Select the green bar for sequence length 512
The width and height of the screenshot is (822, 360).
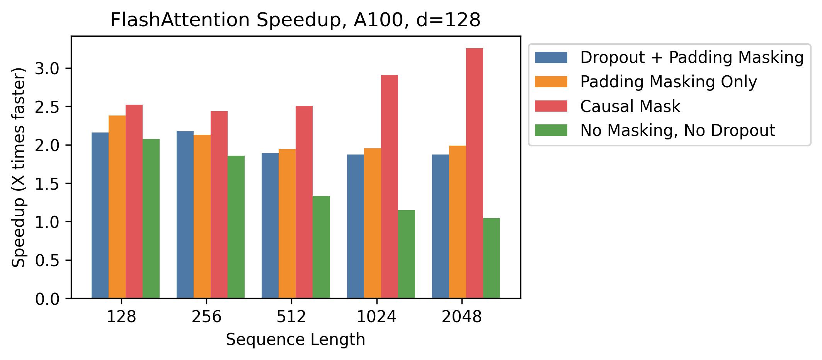point(321,247)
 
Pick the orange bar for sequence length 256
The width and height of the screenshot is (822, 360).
point(202,216)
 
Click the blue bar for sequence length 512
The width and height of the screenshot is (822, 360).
point(270,226)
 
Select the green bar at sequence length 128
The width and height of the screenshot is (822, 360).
point(151,219)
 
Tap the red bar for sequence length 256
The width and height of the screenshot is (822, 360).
point(219,205)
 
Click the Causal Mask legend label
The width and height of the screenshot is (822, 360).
point(630,106)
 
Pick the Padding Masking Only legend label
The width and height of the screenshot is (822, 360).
point(668,82)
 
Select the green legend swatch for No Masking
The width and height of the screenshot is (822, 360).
point(551,130)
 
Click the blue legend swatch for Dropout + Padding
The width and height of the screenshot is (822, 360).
point(551,58)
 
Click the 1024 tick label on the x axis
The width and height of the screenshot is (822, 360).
point(376,317)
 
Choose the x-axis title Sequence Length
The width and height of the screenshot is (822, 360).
point(295,340)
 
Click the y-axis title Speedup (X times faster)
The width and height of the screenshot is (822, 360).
point(19,167)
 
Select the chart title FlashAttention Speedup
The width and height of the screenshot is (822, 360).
point(295,20)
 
